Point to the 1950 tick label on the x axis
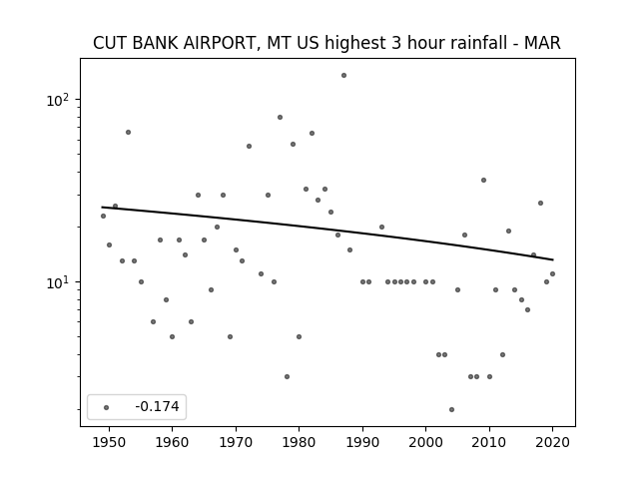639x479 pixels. [x=109, y=442]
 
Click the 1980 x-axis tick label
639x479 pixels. [x=299, y=442]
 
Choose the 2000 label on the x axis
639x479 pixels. [x=426, y=442]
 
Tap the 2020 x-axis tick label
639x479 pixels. [x=552, y=442]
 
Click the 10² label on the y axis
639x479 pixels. [x=58, y=100]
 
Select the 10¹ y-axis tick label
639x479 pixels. [x=58, y=281]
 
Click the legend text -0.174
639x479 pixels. [x=157, y=406]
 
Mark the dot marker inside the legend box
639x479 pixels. [x=106, y=407]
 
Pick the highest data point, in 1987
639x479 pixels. [x=343, y=76]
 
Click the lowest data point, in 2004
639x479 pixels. [x=451, y=409]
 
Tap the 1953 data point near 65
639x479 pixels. [x=128, y=132]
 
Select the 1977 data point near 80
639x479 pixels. [x=280, y=118]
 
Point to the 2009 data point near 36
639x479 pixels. [x=483, y=180]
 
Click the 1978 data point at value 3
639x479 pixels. [x=287, y=377]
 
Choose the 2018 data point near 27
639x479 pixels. [x=540, y=203]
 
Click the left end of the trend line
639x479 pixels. [x=102, y=207]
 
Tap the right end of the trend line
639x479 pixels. [x=553, y=259]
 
